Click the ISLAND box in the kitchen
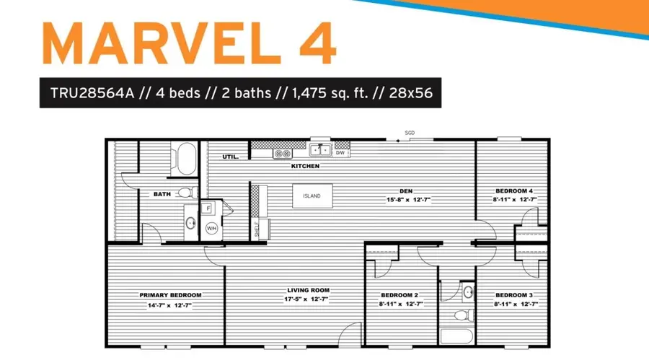pos(312,196)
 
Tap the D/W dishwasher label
pos(340,153)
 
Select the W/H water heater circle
pos(211,228)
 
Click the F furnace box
pos(208,208)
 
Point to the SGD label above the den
pos(410,133)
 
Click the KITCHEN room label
pos(305,166)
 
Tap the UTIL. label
pos(231,157)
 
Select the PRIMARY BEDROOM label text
pos(170,295)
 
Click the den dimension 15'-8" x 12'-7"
pos(409,200)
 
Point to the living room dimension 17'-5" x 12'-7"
pos(306,299)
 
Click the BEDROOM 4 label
pos(514,191)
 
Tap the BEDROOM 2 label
pos(399,295)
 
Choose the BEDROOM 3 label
pos(514,295)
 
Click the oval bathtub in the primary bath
pos(186,159)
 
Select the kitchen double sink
pos(320,150)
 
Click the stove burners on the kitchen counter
pos(282,154)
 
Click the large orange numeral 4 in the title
pos(318,44)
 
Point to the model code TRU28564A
pos(92,93)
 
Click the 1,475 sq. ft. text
pos(330,93)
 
